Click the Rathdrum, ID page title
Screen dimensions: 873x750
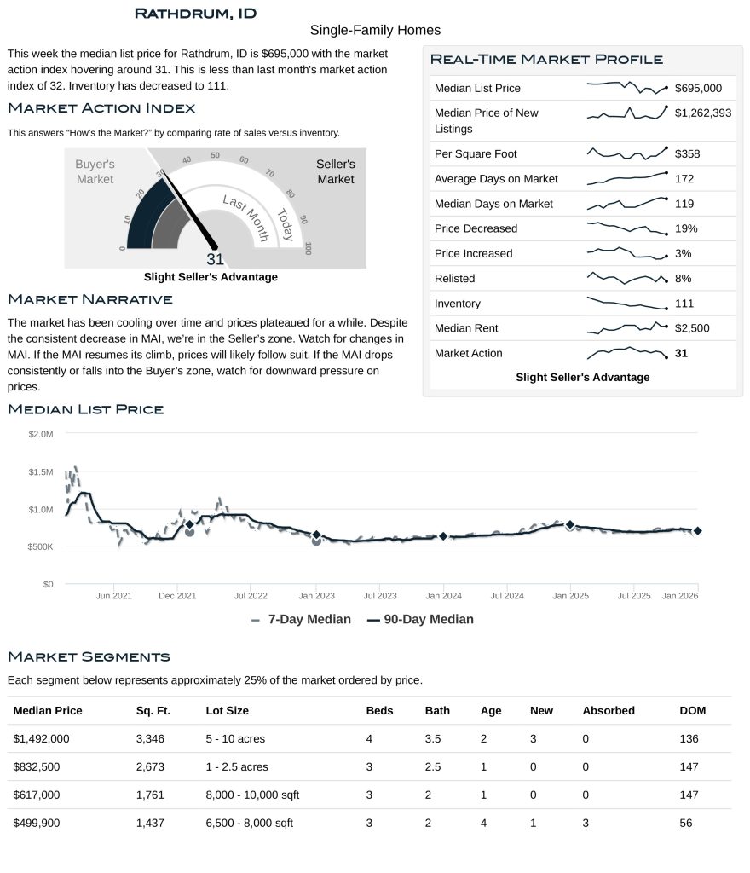coord(195,14)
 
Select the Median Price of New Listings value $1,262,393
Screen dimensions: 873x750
coord(702,113)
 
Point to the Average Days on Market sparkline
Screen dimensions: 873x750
coord(626,178)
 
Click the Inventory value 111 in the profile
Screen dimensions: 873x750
coord(684,304)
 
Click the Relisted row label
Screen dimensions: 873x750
coord(454,279)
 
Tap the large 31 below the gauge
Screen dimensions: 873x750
coord(215,260)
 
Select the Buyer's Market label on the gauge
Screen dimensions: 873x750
coord(95,171)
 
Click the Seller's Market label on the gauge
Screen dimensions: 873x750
coord(336,171)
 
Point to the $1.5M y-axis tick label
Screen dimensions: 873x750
coord(40,471)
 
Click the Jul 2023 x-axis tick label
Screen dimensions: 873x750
coord(380,596)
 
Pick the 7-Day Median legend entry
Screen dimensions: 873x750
coord(302,620)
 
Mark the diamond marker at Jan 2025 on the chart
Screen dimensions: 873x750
coord(570,526)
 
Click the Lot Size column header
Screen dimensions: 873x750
coord(227,710)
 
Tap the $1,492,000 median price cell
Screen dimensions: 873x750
coord(42,738)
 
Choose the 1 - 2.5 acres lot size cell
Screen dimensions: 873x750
coord(237,766)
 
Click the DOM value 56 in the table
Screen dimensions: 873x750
coord(686,823)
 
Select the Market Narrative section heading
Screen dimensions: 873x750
coord(89,299)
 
